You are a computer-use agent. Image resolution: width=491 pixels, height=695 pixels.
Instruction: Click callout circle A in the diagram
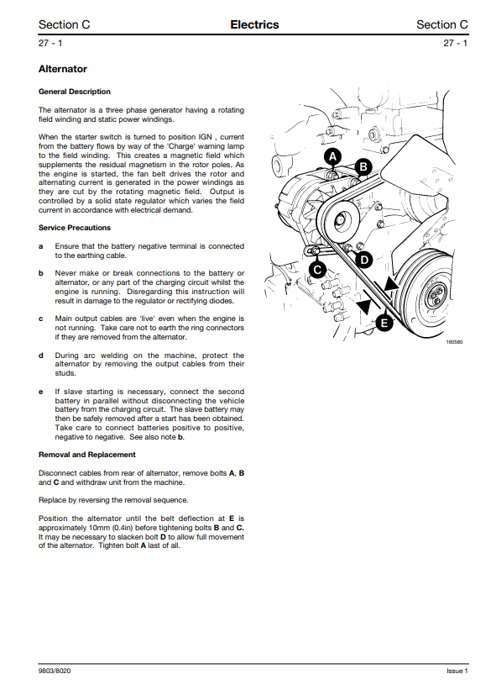(332, 156)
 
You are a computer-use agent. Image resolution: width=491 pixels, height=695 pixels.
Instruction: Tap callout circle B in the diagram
(363, 166)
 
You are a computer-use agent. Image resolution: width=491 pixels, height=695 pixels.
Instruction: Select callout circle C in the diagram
(317, 270)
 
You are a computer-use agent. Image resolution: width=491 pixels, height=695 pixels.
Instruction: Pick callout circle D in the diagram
(364, 260)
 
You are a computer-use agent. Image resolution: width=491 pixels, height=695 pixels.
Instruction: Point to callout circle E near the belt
(384, 323)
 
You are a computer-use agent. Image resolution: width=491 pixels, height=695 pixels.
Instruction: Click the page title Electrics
(254, 25)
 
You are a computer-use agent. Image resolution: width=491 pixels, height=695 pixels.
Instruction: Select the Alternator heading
(63, 69)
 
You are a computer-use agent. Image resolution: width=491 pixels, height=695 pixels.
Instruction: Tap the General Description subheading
(75, 92)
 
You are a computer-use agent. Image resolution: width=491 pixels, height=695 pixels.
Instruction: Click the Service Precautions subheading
(75, 228)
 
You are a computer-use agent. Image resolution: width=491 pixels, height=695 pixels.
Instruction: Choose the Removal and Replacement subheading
(86, 455)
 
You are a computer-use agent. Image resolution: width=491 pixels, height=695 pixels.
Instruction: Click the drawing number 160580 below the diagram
(454, 342)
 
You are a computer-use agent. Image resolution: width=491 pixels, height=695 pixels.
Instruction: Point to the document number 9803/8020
(55, 671)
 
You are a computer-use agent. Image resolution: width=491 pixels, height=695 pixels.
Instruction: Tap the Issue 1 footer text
(457, 671)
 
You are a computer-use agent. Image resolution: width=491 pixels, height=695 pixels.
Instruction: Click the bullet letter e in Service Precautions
(41, 392)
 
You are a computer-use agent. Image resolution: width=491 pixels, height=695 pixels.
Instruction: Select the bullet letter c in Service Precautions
(41, 319)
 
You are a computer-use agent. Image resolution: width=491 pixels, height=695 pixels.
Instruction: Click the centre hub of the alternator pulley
(340, 219)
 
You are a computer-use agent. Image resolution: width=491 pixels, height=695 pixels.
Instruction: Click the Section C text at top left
(64, 25)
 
